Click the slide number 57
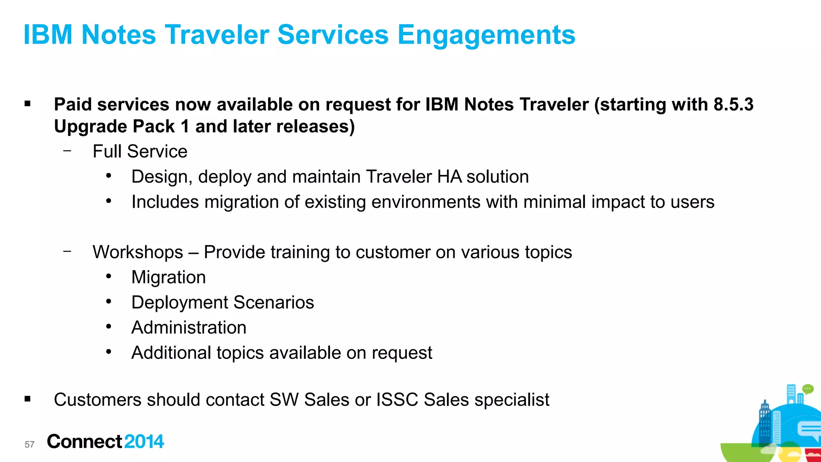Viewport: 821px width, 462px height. [30, 444]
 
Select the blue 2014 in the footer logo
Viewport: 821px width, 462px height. [144, 442]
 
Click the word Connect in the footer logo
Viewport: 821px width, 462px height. [84, 442]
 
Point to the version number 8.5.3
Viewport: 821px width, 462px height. [733, 105]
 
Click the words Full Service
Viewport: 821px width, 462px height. [140, 152]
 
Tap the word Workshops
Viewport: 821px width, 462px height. [138, 252]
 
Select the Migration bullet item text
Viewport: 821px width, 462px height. [168, 278]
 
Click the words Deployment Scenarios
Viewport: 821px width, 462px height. [222, 302]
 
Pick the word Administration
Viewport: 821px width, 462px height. [189, 328]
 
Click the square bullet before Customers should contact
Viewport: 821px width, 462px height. [27, 399]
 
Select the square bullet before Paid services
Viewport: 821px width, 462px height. [27, 104]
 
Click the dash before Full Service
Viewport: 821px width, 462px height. [67, 151]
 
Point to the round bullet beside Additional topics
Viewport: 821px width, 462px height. [109, 352]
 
